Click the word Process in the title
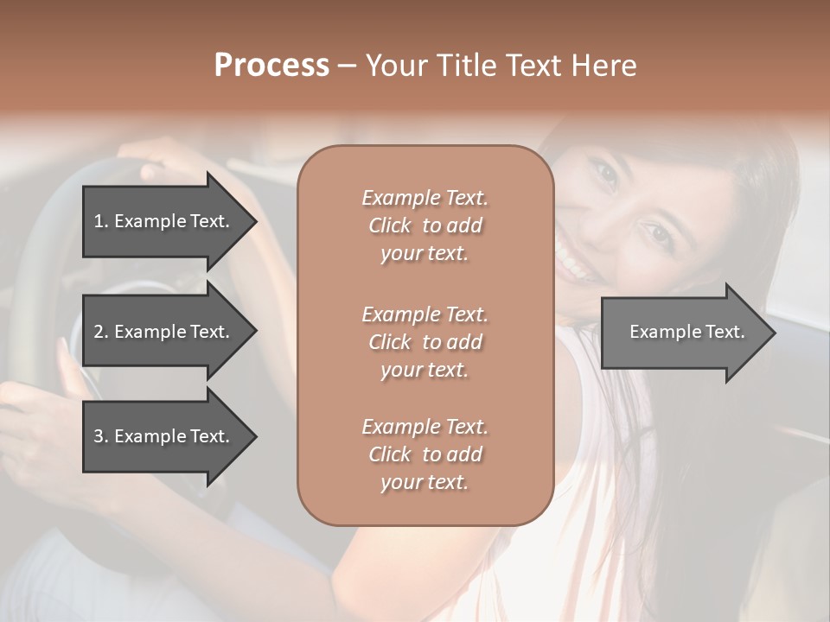point(271,66)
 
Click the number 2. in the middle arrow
point(100,332)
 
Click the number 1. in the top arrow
point(100,221)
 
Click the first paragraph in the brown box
point(425,225)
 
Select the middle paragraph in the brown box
point(425,342)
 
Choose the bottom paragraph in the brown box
point(425,454)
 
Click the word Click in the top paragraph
point(390,225)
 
